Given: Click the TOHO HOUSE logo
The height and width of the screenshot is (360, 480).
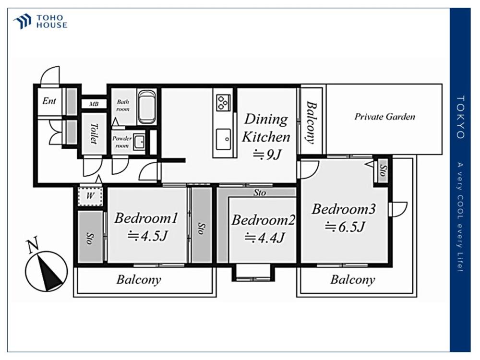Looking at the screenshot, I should coord(40,22).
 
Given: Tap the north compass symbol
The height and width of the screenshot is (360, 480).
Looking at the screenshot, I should coord(46,269).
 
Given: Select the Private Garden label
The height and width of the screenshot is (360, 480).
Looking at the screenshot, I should coord(384,117).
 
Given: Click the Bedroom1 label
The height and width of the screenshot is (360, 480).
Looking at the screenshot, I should coord(146,218).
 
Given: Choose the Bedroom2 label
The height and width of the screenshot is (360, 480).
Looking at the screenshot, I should coord(263,220).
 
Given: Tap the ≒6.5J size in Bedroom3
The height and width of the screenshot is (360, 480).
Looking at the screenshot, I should coord(345,227).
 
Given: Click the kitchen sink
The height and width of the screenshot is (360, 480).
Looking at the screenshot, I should coord(223,139).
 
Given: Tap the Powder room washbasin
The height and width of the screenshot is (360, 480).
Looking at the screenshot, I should coord(139,142).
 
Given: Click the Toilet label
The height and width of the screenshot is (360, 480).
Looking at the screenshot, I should coord(93,133).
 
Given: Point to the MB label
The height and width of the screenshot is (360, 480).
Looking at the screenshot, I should coord(93,104).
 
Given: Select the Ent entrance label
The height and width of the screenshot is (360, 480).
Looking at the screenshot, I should coord(49,101).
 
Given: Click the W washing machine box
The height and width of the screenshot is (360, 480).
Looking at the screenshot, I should coord(90,196).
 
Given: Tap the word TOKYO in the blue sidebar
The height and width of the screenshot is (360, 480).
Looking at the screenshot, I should coord(460,117).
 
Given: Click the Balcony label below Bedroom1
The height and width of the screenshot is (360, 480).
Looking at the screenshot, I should coord(139,280).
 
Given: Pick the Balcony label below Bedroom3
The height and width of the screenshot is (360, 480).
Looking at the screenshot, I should coord(352,280).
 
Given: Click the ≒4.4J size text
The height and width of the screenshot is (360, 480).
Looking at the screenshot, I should coord(265,237).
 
